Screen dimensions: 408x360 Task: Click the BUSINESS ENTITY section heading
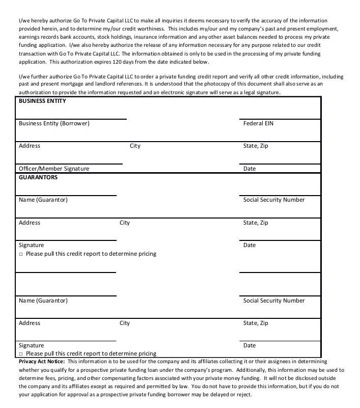[x=42, y=101]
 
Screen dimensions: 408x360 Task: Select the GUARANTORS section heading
[x=38, y=177]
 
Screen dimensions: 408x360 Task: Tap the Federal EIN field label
[x=258, y=123]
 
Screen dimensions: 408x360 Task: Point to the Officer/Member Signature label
[x=54, y=169]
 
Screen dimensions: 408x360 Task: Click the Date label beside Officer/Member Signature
[x=250, y=169]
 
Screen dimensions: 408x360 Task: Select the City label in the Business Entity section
[x=135, y=146]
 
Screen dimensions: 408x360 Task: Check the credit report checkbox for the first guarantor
[x=21, y=254]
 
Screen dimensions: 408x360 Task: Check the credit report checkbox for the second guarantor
[x=21, y=353]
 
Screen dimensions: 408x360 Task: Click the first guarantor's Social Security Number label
[x=274, y=200]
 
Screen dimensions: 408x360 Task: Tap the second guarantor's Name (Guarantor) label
[x=43, y=301]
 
